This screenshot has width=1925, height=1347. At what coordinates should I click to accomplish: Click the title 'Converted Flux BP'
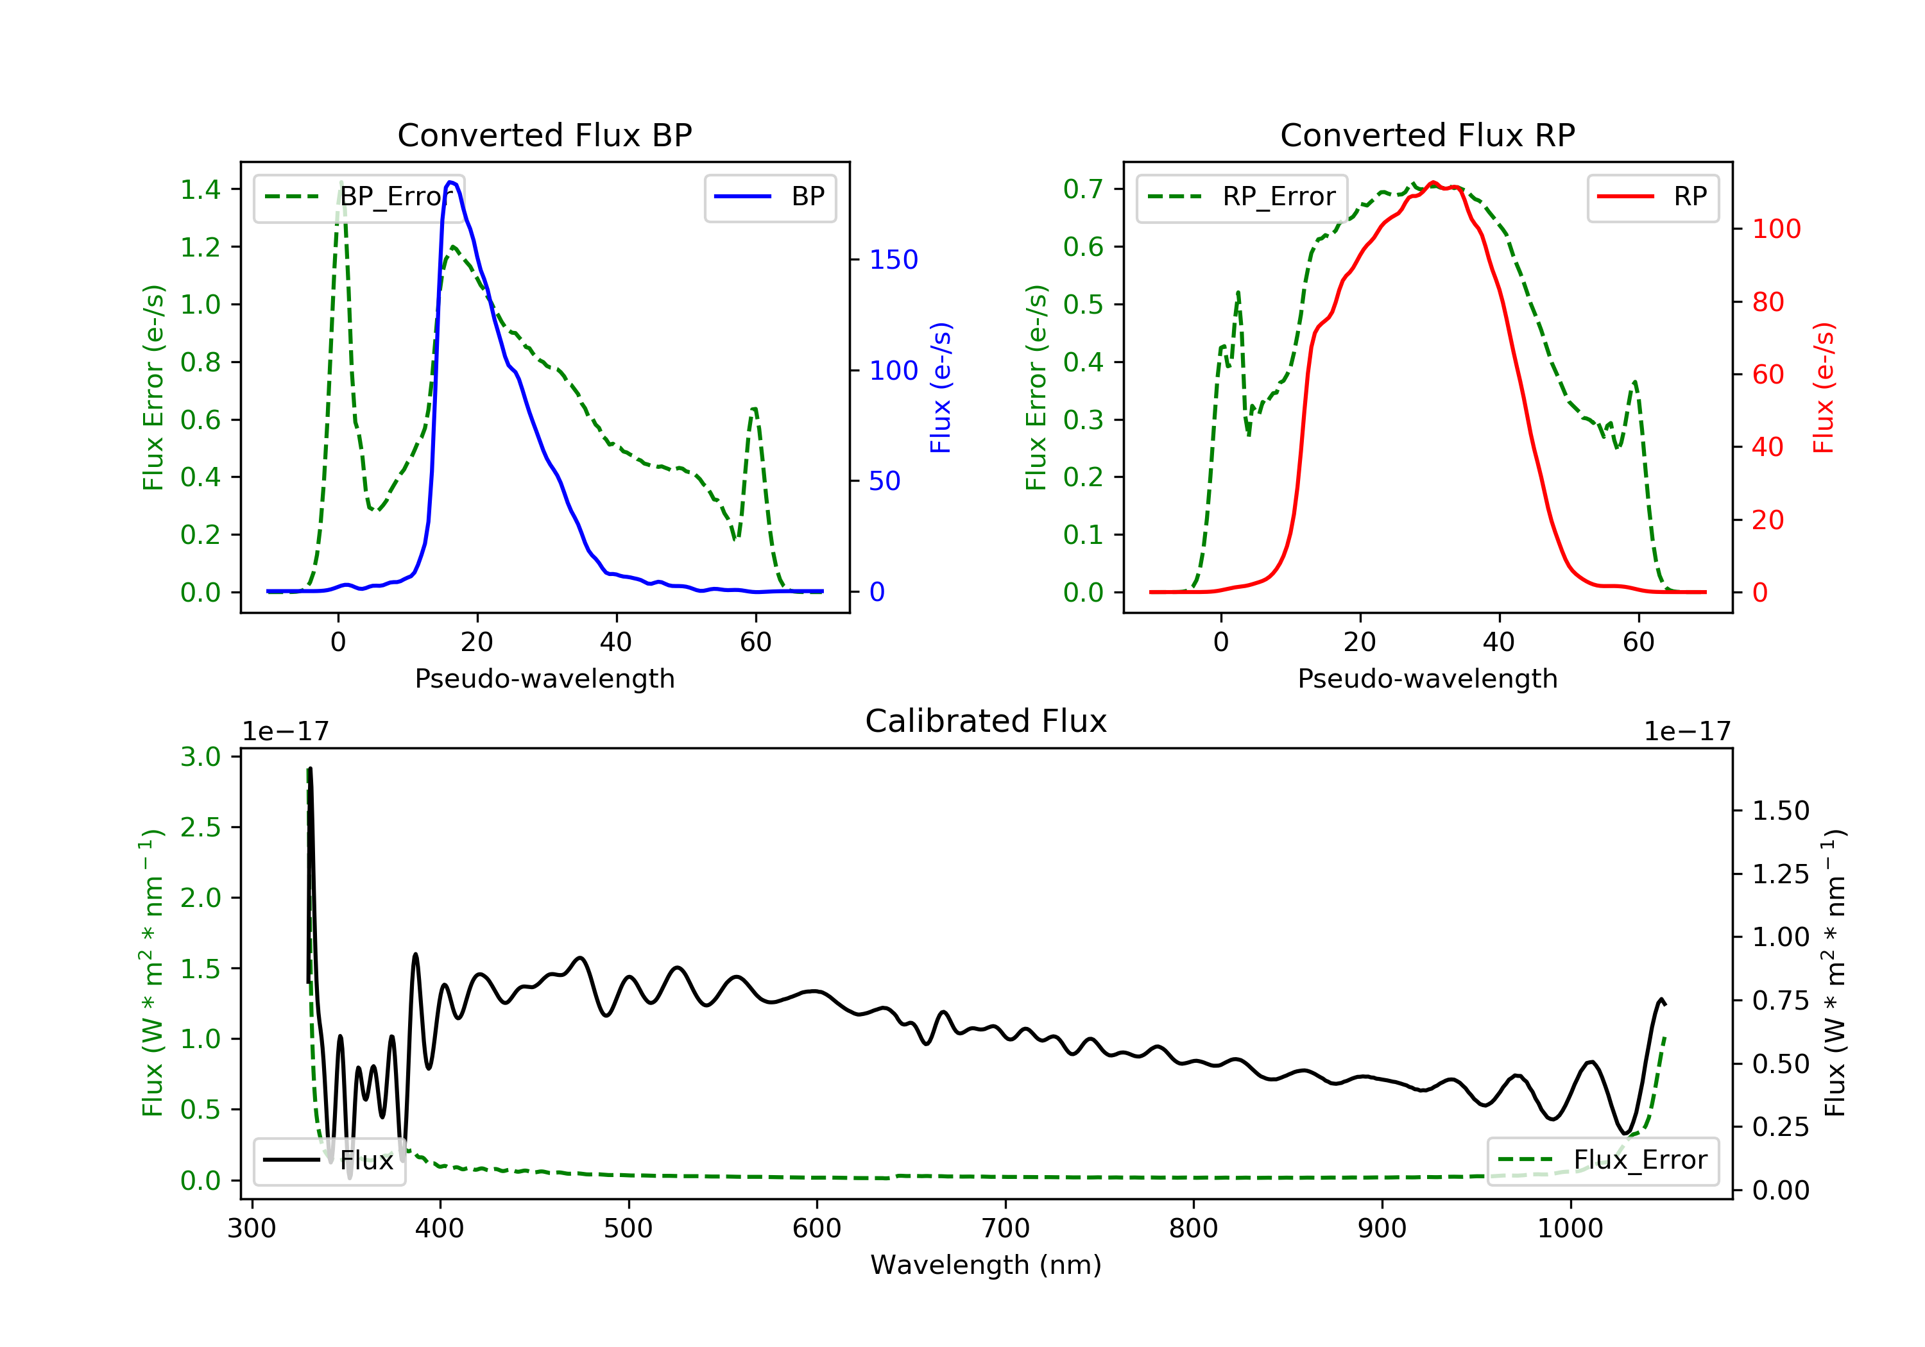click(544, 135)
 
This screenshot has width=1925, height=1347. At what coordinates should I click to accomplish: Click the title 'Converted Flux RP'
click(1427, 135)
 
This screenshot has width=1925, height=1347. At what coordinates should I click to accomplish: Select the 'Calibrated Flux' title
click(986, 721)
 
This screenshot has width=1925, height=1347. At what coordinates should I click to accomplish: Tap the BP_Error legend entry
click(359, 197)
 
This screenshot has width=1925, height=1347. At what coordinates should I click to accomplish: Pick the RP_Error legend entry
click(1242, 197)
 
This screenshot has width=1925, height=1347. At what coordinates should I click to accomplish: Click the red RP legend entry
click(1652, 197)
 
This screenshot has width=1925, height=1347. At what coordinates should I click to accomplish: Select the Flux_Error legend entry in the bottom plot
click(1602, 1160)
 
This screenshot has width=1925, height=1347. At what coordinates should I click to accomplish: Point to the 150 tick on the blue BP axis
click(893, 260)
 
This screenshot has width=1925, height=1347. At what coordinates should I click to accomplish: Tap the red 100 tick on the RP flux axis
click(1775, 229)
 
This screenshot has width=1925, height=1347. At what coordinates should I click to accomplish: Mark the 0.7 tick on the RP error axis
click(1083, 189)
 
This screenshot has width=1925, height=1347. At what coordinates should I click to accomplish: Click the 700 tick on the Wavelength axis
click(1005, 1229)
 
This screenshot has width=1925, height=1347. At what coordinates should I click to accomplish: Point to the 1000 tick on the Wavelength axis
click(1570, 1229)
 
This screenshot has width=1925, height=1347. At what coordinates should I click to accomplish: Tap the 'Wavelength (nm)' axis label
click(986, 1265)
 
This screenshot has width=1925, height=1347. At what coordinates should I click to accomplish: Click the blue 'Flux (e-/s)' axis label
click(941, 387)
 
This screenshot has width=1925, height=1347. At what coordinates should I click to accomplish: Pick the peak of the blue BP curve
click(451, 182)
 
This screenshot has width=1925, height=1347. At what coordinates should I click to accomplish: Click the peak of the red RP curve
click(1433, 183)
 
